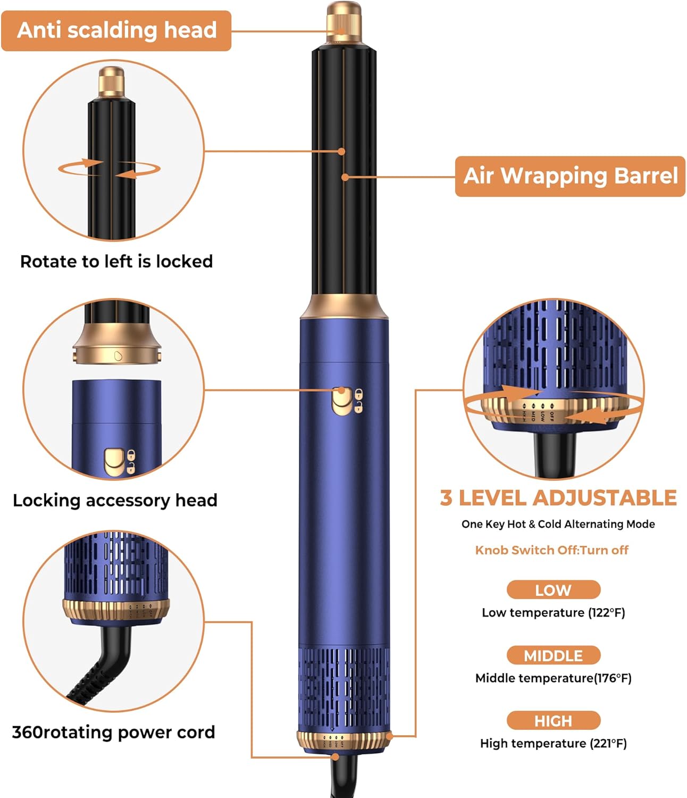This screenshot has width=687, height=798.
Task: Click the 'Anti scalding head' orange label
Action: (116, 30)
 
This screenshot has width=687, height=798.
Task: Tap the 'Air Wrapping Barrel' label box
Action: (570, 177)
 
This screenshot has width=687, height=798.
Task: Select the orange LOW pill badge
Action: (554, 590)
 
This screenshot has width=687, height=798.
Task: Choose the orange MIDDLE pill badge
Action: (554, 655)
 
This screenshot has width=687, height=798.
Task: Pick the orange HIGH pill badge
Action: (554, 721)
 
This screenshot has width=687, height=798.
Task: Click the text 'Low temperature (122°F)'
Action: (554, 613)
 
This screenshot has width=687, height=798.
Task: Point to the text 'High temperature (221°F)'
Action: (554, 743)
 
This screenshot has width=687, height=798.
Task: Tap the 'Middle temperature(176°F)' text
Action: (554, 678)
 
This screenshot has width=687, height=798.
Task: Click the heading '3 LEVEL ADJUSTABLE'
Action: (558, 497)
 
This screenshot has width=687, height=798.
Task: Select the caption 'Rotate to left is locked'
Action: (116, 261)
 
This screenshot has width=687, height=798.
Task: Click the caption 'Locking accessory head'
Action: (115, 500)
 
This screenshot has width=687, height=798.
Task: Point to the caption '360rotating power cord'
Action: (113, 733)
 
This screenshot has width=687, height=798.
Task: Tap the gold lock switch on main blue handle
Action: (341, 401)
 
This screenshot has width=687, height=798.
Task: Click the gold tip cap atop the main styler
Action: (344, 22)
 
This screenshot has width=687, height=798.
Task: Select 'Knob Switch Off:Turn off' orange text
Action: (551, 550)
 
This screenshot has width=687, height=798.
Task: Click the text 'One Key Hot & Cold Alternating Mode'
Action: (558, 524)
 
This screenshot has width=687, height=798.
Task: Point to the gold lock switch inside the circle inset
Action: (115, 462)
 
